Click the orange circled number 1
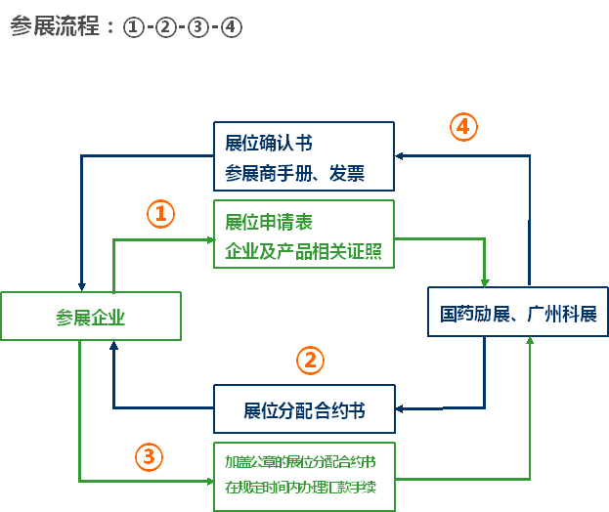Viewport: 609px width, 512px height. (160, 214)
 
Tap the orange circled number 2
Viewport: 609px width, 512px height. (310, 361)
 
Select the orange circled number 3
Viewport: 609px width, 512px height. (150, 457)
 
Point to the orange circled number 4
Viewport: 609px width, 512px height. (463, 127)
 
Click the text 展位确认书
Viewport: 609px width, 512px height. (269, 143)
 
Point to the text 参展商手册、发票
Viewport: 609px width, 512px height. (295, 173)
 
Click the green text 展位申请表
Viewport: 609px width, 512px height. (269, 223)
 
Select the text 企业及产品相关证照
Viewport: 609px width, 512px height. (304, 251)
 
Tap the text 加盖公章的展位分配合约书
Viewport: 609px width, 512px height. (301, 462)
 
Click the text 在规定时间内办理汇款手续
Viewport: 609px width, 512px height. (301, 488)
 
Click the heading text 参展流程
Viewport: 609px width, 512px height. (55, 26)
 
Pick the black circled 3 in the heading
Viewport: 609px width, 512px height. (198, 27)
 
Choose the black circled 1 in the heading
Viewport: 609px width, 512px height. (134, 27)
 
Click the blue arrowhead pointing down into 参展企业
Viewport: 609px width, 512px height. (81, 287)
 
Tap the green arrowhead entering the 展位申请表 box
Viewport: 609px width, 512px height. (210, 240)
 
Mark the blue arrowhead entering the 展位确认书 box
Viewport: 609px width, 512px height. (399, 156)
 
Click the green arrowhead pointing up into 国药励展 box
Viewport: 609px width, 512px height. (530, 340)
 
